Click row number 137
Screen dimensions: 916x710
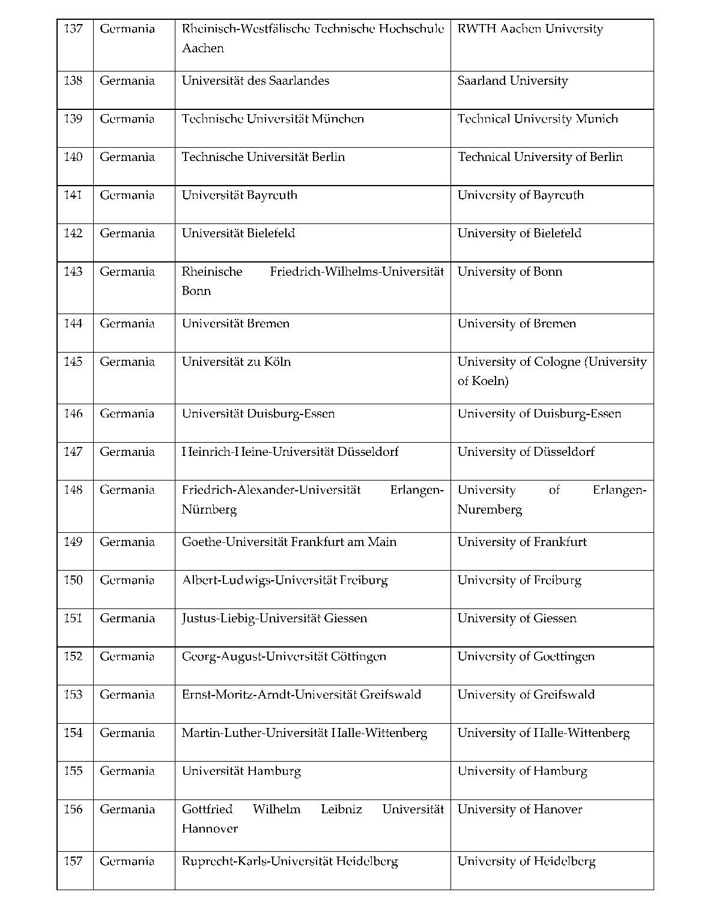[73, 29]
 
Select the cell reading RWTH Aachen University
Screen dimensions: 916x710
[530, 29]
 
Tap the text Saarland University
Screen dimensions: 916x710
[512, 80]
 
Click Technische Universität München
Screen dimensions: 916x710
[273, 119]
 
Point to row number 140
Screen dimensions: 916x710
[73, 157]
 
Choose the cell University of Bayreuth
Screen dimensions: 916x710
[520, 195]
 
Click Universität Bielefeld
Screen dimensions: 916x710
[238, 233]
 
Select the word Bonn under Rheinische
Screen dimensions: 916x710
[196, 291]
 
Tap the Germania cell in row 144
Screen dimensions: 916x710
[127, 323]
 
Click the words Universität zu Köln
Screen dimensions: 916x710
[236, 362]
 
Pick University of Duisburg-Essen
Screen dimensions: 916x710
[539, 413]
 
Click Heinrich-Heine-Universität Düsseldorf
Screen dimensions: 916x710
[290, 452]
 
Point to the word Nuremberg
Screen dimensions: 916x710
[490, 509]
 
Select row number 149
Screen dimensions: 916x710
[73, 542]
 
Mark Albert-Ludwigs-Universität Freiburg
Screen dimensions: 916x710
[285, 580]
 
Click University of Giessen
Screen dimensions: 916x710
[517, 618]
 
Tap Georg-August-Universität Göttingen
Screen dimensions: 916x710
[284, 657]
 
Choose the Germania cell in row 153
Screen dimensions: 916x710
[127, 694]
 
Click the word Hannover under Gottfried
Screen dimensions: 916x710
[210, 828]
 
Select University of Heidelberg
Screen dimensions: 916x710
[526, 861]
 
